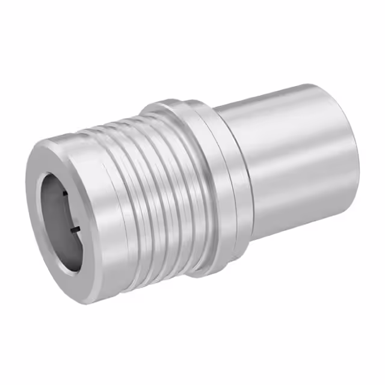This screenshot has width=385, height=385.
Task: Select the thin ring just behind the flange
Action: coord(238,180)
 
